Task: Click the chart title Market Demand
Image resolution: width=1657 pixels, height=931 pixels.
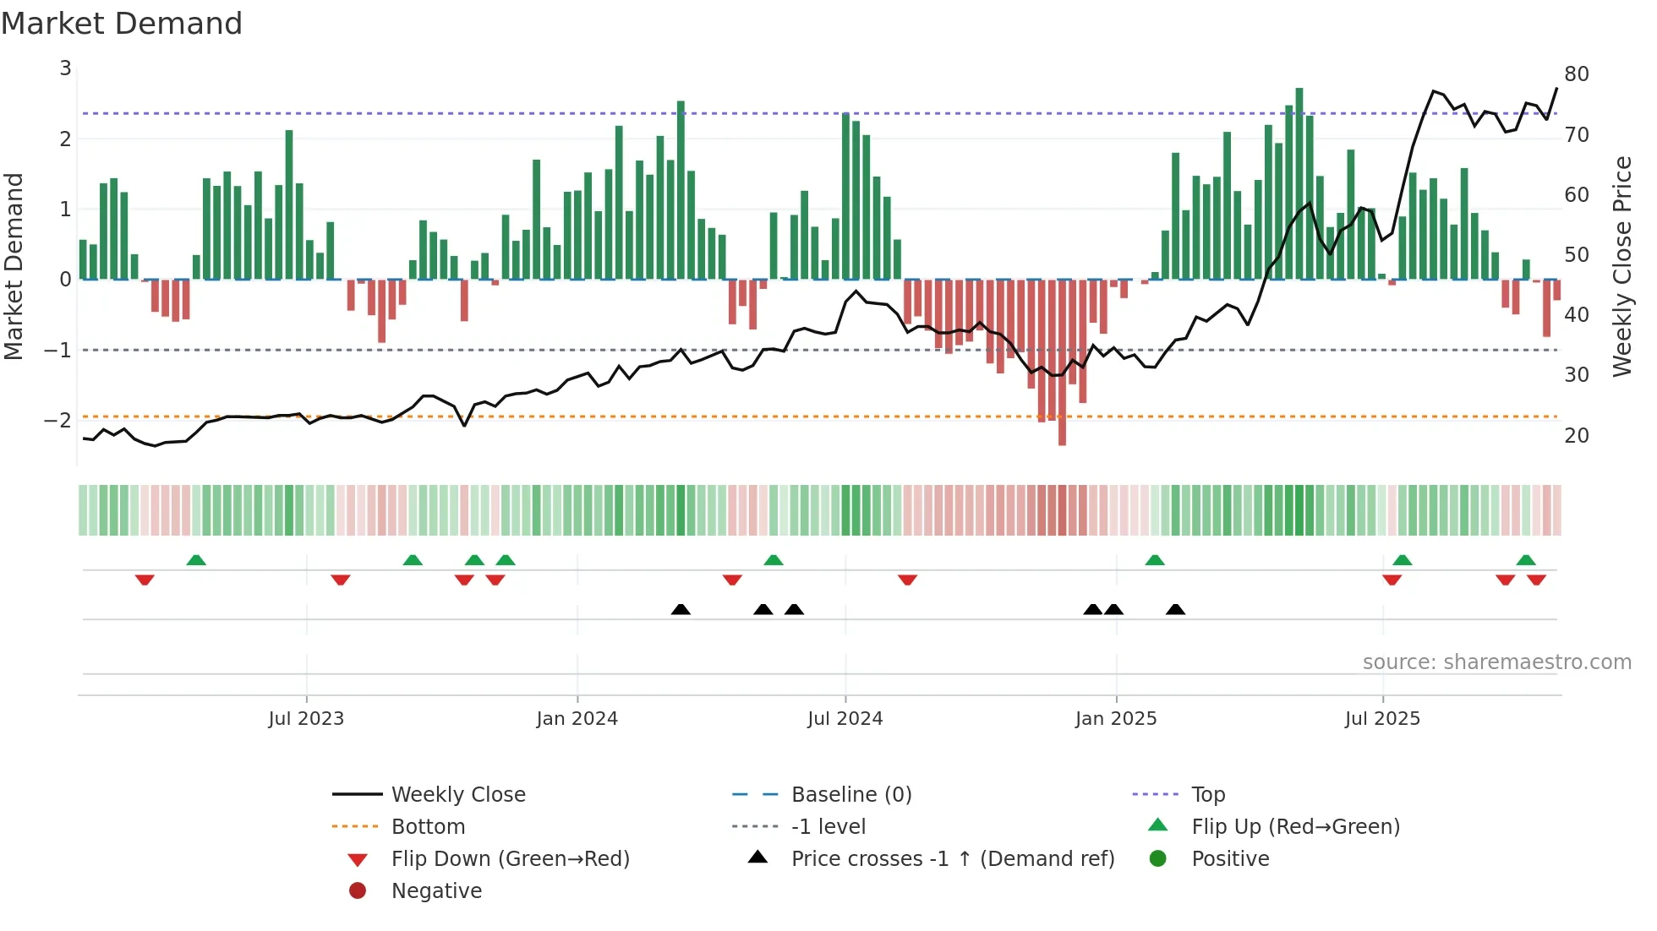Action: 122,24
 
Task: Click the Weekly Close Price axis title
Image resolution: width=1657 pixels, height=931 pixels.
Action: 1621,266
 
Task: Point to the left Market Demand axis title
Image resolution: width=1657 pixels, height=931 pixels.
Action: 14,266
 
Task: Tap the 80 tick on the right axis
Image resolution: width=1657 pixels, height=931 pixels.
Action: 1576,74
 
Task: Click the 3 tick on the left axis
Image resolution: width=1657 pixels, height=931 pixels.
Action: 65,68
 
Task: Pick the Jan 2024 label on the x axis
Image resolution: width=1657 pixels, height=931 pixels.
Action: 577,719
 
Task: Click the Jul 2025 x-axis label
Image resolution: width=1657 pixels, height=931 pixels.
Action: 1382,719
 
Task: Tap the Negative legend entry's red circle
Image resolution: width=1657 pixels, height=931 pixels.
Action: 358,891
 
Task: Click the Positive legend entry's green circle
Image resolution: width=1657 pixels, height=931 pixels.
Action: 1158,859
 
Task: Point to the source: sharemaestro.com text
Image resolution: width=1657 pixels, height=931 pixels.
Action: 1496,662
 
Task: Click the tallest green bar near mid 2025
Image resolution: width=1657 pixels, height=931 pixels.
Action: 1299,182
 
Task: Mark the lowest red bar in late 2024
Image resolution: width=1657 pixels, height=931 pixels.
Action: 1062,363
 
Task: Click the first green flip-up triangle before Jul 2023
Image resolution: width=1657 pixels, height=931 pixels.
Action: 196,560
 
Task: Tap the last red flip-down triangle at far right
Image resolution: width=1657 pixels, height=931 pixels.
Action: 1536,580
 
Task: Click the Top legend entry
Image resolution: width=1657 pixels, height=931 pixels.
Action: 1207,795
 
